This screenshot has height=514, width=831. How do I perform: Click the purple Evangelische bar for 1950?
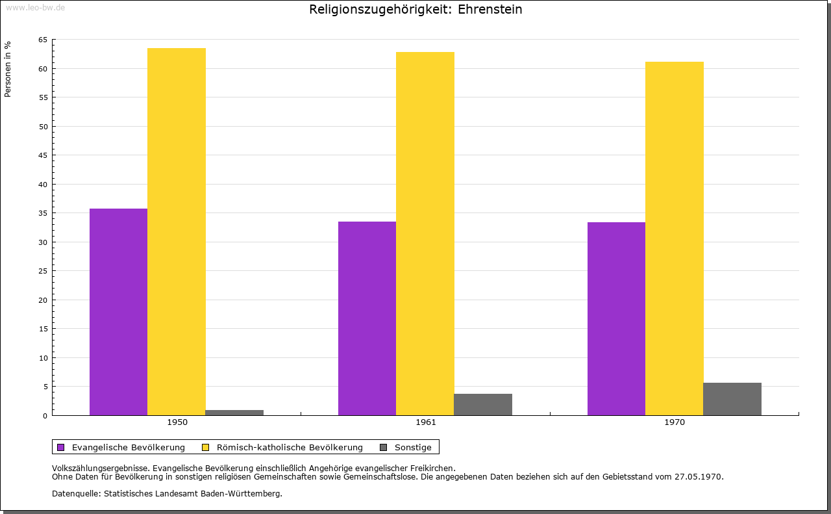118,312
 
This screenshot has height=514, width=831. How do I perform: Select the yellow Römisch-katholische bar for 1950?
177,231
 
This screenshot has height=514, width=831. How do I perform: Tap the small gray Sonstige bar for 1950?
234,412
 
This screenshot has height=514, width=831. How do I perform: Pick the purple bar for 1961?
367,318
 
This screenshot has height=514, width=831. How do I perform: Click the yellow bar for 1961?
425,233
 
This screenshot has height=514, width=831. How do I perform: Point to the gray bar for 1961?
483,404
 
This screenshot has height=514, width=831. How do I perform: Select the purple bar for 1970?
616,318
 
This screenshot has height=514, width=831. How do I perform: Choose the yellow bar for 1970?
674,238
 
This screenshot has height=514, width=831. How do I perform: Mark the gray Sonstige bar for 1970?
732,399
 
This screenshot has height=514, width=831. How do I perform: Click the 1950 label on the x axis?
177,422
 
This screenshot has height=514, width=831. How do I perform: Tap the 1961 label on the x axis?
426,422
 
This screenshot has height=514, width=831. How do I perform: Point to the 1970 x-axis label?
675,422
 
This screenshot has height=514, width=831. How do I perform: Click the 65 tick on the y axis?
43,40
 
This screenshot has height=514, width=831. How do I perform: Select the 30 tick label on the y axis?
43,242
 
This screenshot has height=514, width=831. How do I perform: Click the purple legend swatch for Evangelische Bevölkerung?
61,447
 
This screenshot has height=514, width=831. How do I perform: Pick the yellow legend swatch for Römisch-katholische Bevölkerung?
206,447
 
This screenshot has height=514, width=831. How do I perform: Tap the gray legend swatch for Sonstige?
383,447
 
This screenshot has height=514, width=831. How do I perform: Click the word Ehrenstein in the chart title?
490,9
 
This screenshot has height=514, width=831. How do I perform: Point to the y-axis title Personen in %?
8,69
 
